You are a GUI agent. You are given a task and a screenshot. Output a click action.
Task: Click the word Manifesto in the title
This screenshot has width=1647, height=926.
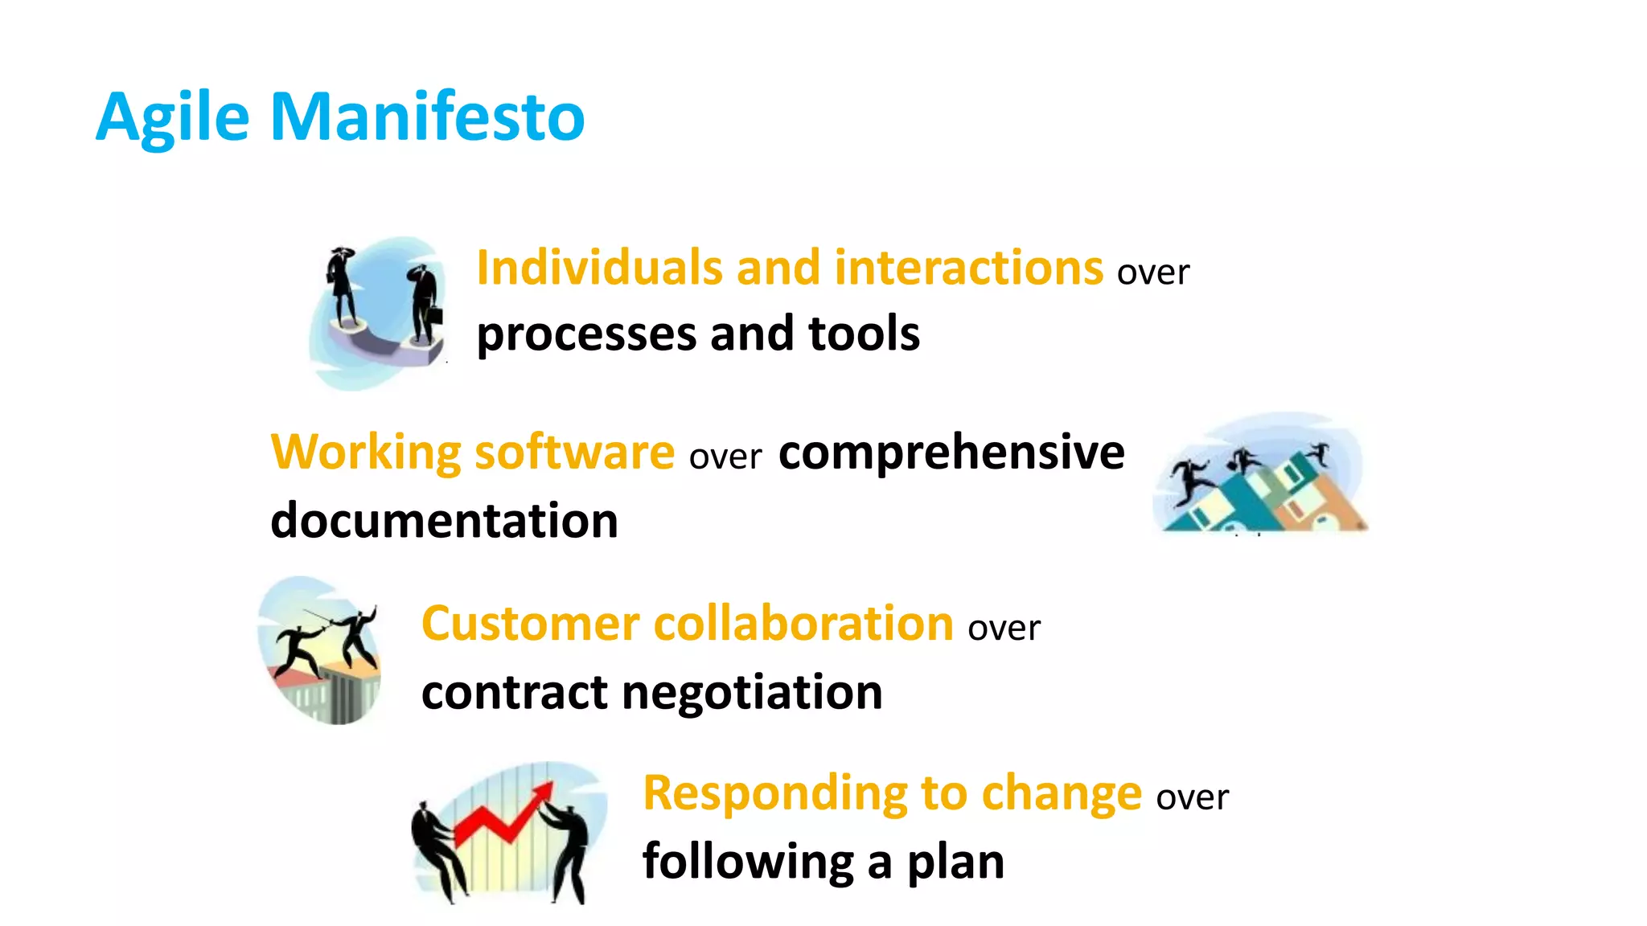427,117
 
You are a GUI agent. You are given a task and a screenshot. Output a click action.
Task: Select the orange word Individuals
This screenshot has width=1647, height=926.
599,268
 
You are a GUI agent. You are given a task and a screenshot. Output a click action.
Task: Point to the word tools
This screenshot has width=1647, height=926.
864,334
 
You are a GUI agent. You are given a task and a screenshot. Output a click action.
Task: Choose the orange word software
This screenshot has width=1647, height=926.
574,452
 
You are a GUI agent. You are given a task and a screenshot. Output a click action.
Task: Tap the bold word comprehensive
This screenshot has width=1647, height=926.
951,453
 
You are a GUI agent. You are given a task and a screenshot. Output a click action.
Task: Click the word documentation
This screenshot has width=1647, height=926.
444,521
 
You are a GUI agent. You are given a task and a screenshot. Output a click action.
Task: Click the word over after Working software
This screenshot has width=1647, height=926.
725,457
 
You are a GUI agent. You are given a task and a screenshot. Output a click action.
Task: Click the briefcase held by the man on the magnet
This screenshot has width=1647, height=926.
433,312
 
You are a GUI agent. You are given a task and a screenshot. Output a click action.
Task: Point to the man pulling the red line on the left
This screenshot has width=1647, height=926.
438,848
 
